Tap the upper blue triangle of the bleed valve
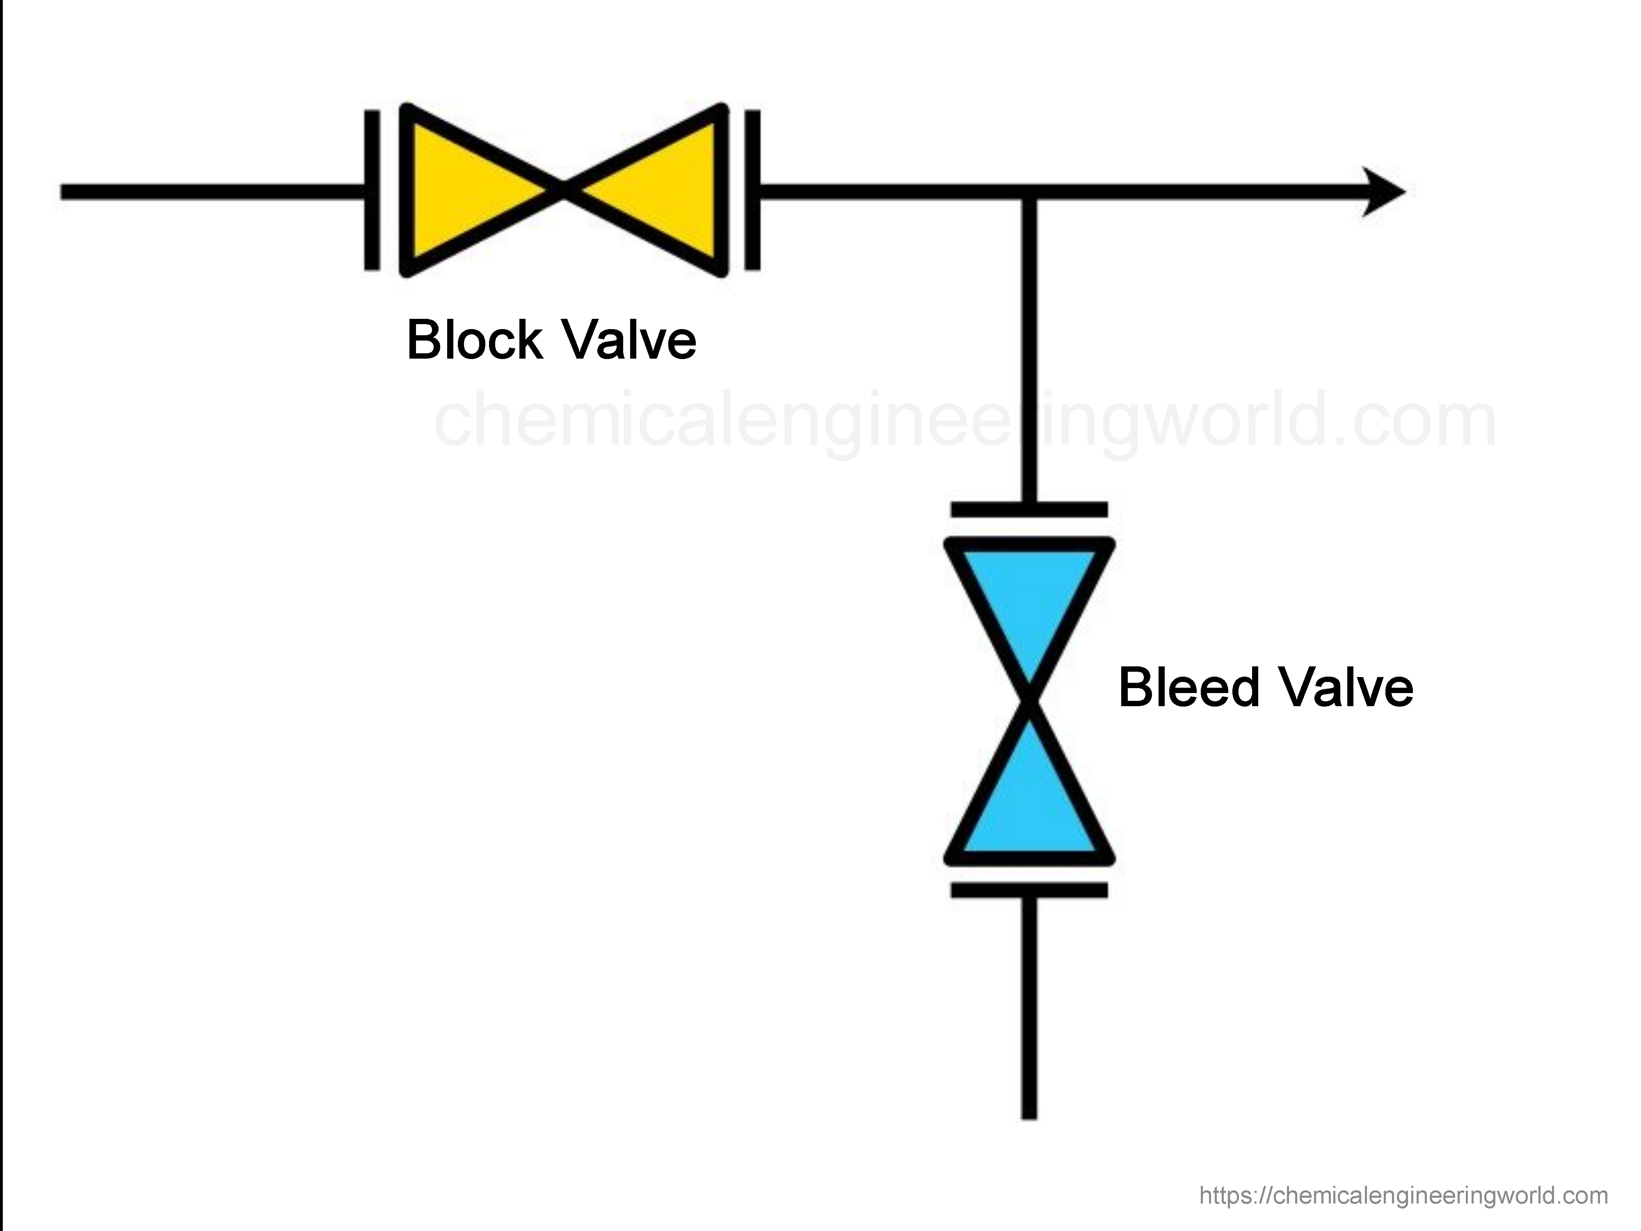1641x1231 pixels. pyautogui.click(x=1029, y=601)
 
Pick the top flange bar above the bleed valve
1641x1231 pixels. pyautogui.click(x=1029, y=509)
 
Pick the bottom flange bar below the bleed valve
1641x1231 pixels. pyautogui.click(x=1029, y=890)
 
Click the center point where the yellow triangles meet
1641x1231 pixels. pyautogui.click(x=564, y=192)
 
